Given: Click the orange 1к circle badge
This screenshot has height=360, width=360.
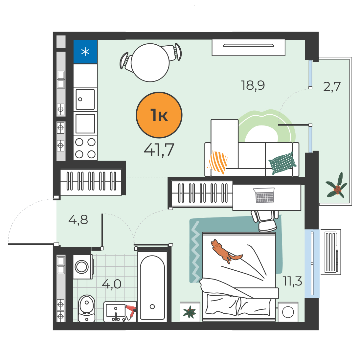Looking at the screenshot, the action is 159,115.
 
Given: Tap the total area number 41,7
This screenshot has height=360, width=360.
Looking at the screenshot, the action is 159,150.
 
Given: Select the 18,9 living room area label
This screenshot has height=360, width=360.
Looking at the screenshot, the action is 253,85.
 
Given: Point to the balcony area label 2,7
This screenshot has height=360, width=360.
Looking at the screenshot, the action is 332,87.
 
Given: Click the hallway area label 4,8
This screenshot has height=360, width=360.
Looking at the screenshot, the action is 78,220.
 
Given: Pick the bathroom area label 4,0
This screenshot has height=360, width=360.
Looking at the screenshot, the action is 112,284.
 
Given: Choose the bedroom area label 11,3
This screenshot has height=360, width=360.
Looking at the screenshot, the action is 292,281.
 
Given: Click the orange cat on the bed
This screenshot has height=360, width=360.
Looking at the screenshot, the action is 225,251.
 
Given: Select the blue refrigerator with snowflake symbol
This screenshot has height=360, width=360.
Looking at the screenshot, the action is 85,52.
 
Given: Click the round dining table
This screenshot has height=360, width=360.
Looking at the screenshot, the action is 150,62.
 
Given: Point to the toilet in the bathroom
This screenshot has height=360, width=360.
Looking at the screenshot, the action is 87,308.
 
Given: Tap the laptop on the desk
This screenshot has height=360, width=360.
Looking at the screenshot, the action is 265,195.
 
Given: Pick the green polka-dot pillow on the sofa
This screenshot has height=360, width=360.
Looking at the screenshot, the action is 282,163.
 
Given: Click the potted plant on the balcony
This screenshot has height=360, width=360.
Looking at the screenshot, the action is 337,186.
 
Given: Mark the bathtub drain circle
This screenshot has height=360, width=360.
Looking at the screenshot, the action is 152,306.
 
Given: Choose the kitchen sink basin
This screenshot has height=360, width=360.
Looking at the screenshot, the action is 85,100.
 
